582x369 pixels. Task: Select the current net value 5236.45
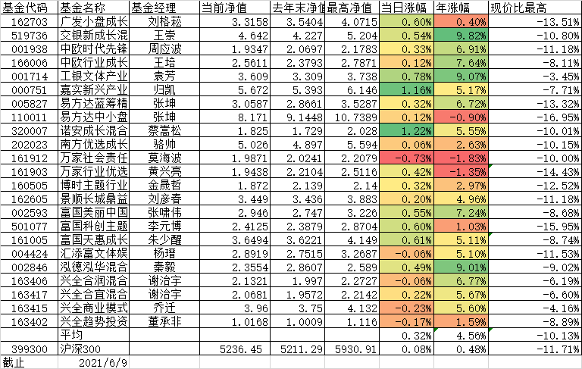(x=242, y=349)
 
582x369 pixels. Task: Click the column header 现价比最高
(x=523, y=8)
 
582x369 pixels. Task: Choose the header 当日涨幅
(x=403, y=8)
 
